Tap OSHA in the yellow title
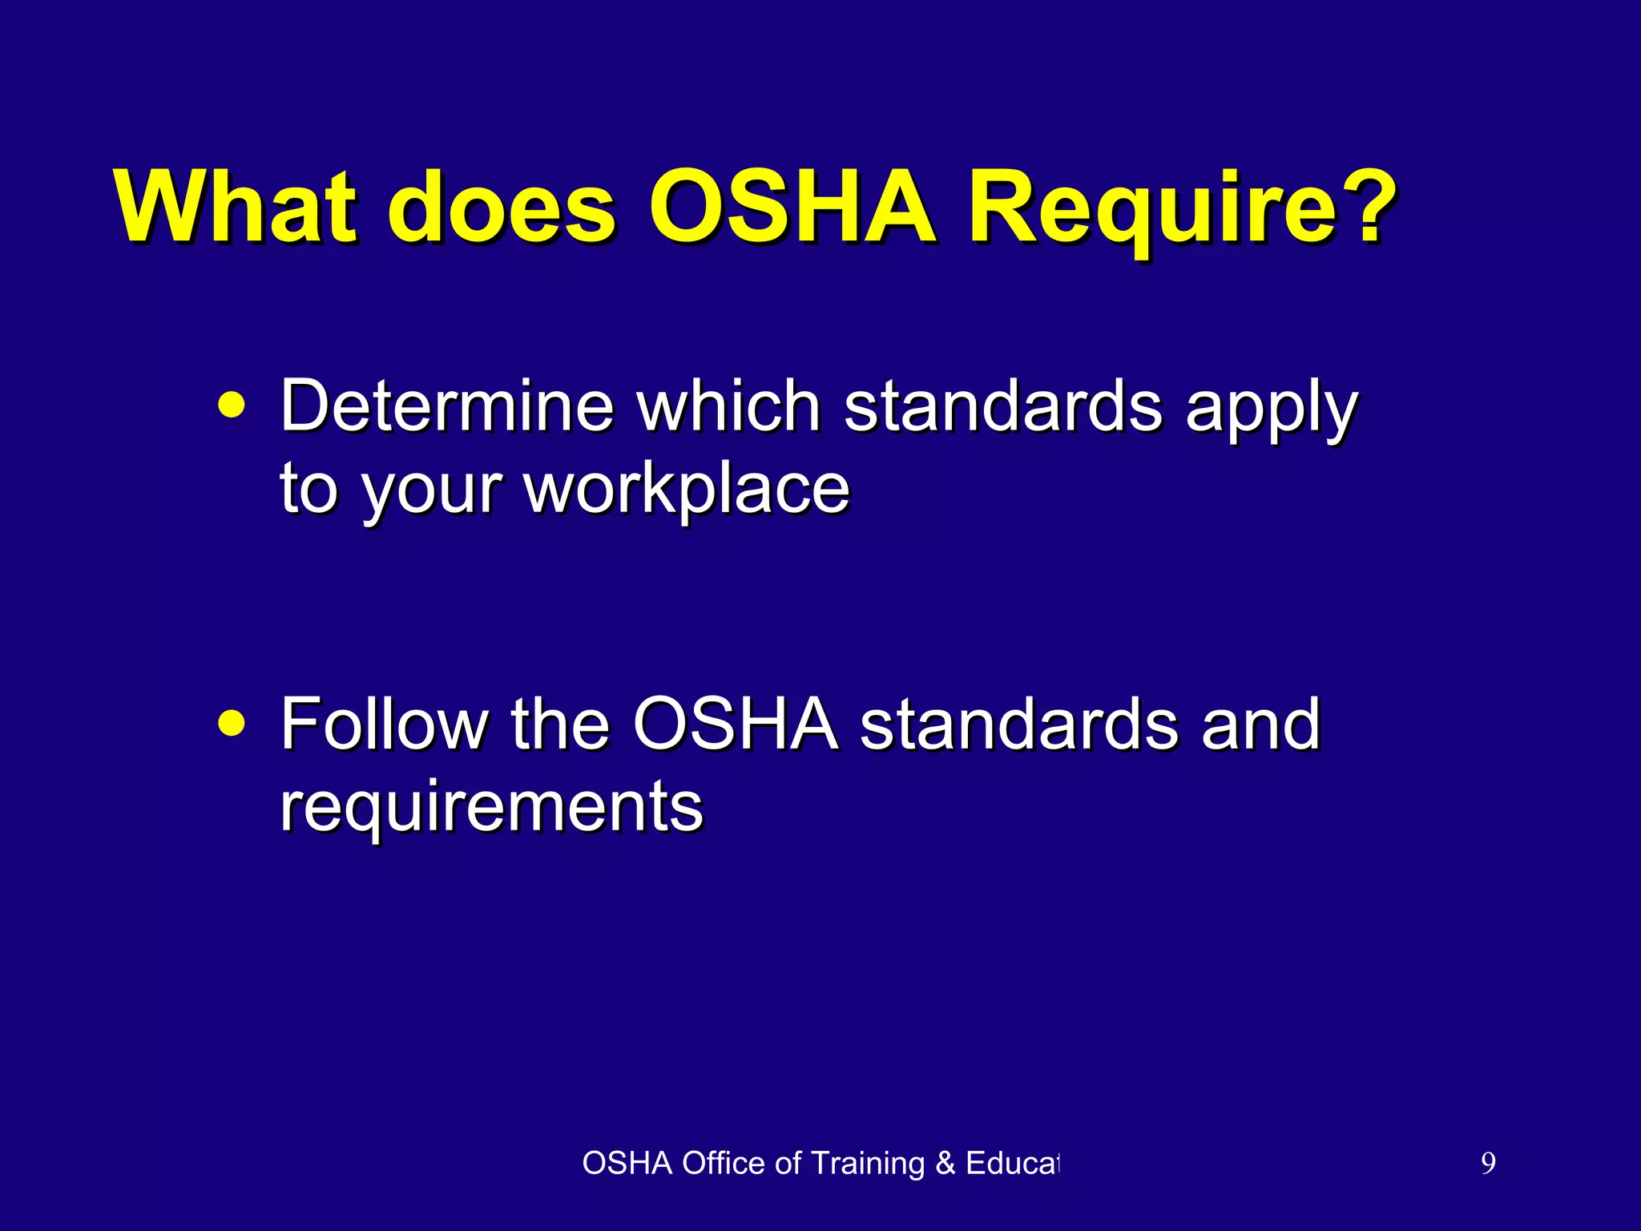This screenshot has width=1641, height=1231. pos(793,206)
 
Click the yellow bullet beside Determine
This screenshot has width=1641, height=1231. pos(232,406)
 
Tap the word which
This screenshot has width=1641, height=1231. pos(728,406)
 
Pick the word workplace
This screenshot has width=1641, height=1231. pos(687,490)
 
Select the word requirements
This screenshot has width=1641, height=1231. pos(491,807)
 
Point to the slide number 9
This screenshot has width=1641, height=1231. pos(1488,1163)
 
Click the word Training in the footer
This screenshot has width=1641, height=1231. pos(868,1163)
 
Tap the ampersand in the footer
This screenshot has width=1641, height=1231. pos(945,1163)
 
